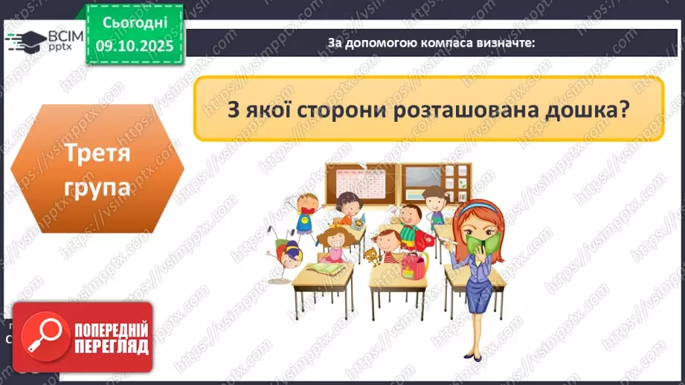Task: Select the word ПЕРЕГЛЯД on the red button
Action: click(112, 346)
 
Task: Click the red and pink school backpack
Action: click(411, 263)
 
